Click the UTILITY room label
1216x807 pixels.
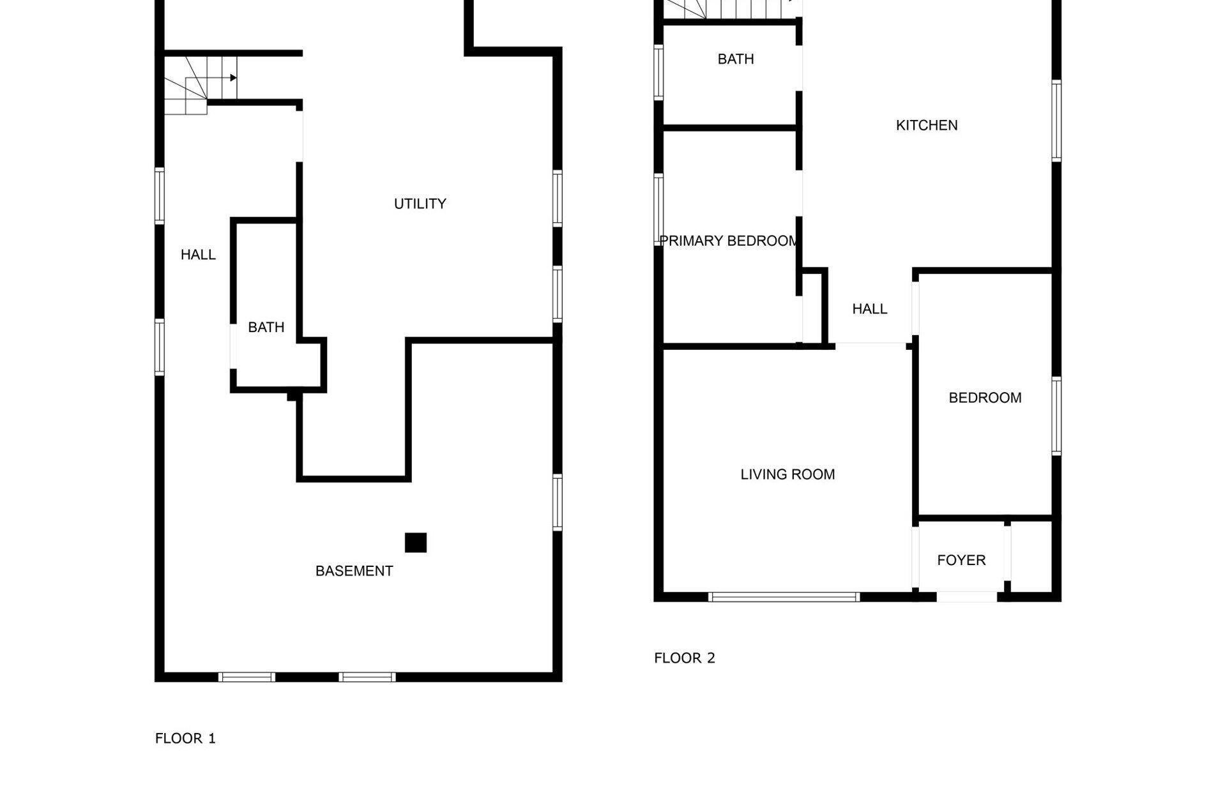[x=420, y=204]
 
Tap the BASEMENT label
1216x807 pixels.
[x=354, y=571]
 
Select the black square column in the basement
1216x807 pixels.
[x=416, y=543]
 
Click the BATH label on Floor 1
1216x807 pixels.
[x=266, y=327]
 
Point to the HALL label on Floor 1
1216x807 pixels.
[x=198, y=255]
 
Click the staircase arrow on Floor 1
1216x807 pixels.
[x=232, y=78]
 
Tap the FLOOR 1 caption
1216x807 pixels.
[x=185, y=738]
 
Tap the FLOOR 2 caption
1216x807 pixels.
[x=684, y=658]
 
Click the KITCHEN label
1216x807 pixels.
[x=926, y=125]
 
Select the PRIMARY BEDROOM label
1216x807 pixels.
[x=728, y=241]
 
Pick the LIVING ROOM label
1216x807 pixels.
[x=787, y=474]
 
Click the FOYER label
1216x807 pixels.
[x=961, y=560]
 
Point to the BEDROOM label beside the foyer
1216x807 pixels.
[x=985, y=398]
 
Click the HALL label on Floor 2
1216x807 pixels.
[x=869, y=309]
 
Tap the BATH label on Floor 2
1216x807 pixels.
[x=736, y=59]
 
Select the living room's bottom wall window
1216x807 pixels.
[x=784, y=597]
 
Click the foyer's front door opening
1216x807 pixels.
[x=966, y=597]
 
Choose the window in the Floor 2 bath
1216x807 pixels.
[x=658, y=72]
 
